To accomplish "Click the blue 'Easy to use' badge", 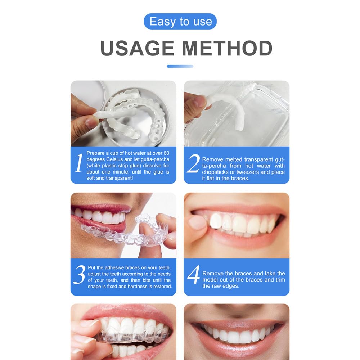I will pyautogui.click(x=180, y=22).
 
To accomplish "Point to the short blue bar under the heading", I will pyautogui.click(x=180, y=66).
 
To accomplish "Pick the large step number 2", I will pyautogui.click(x=193, y=164).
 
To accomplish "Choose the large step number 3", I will pyautogui.click(x=79, y=275).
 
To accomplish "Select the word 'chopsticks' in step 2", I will pyautogui.click(x=215, y=172).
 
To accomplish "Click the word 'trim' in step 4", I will pyautogui.click(x=279, y=280).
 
